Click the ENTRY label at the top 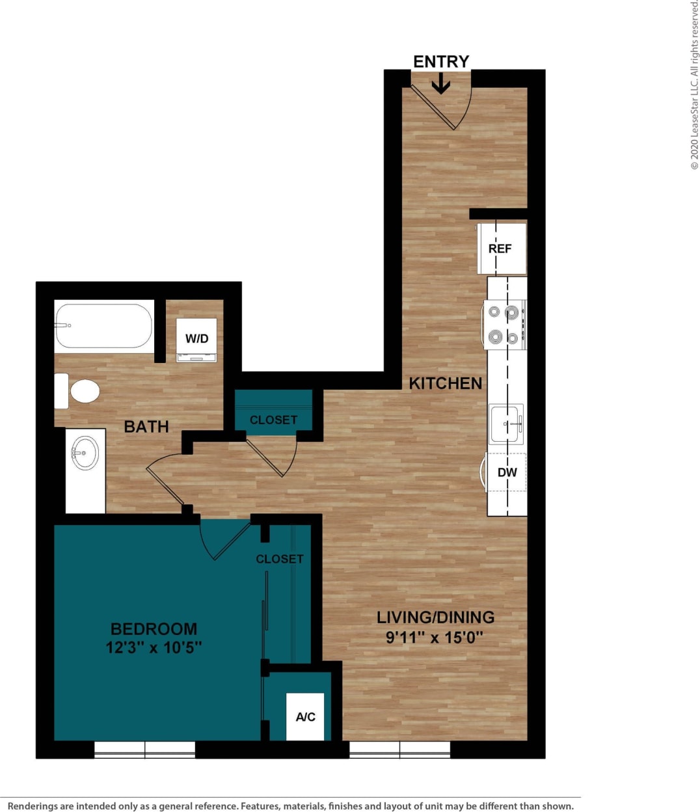[440, 61]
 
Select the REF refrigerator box [501, 249]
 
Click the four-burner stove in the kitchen [504, 324]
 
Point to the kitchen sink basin [505, 424]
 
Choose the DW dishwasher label [507, 472]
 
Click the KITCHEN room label [445, 383]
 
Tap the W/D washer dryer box [196, 339]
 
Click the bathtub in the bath [104, 325]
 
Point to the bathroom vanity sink [85, 453]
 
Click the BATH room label [146, 427]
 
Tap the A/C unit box [305, 716]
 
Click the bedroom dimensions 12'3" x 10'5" [154, 647]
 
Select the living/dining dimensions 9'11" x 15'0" [435, 637]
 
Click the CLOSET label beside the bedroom [279, 559]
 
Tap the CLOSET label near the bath [273, 420]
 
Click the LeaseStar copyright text [694, 85]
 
